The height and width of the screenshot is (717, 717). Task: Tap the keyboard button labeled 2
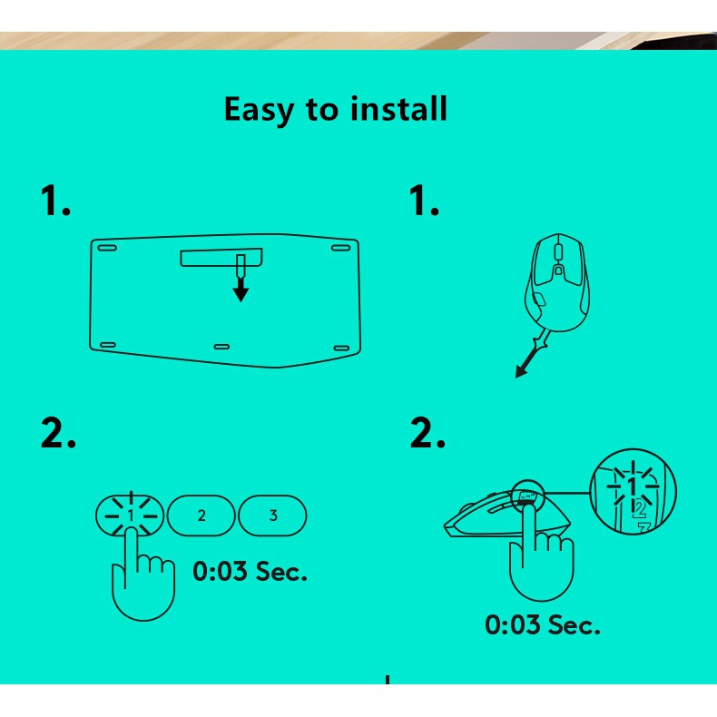click(201, 516)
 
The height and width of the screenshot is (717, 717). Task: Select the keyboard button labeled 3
click(273, 516)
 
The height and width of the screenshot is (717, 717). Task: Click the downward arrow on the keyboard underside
click(241, 288)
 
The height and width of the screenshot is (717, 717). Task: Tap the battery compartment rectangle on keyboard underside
click(220, 259)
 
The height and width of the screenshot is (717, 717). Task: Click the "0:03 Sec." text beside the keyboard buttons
click(250, 572)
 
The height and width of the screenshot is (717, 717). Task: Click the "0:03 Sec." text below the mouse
click(542, 624)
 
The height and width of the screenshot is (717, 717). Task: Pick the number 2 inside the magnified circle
click(638, 508)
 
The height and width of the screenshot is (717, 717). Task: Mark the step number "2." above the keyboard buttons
click(58, 433)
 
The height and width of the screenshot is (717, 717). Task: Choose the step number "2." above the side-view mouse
click(427, 433)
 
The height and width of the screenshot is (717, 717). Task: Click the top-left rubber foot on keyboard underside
click(107, 247)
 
